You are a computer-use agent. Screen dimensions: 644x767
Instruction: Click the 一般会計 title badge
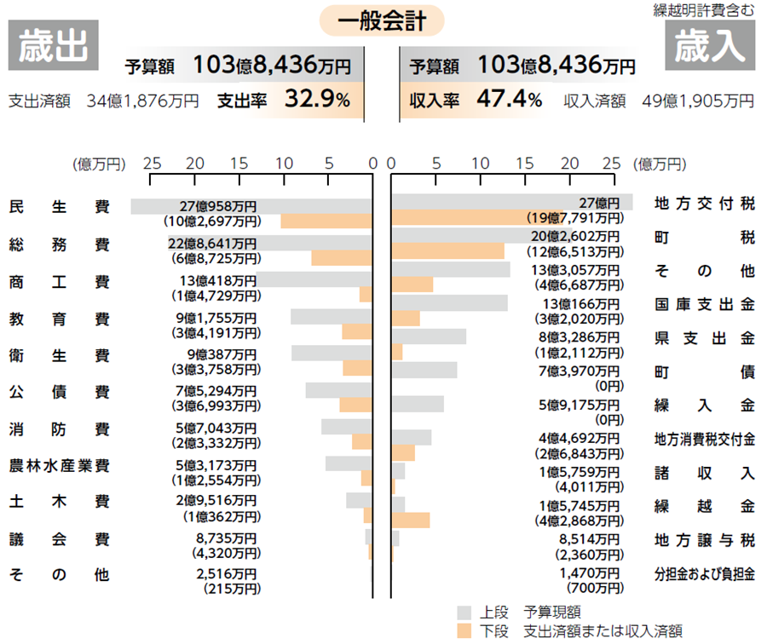point(382,20)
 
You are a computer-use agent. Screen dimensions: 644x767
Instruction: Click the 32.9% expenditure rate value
point(316,101)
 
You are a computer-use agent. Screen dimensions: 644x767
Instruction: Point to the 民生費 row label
point(60,207)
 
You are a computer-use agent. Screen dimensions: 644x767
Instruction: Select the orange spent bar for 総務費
point(342,258)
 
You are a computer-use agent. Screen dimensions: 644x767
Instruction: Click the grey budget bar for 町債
point(424,370)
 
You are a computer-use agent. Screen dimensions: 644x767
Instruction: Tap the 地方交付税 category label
point(704,204)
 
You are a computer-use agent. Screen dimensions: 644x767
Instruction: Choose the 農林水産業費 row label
point(60,467)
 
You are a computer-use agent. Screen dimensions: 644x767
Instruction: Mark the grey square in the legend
point(464,612)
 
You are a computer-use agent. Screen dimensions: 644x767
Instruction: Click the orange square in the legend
point(464,630)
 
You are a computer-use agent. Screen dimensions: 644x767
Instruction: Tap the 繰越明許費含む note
point(704,10)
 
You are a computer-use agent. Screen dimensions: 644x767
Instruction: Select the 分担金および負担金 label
point(704,573)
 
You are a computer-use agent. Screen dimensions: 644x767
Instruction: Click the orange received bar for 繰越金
point(411,520)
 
